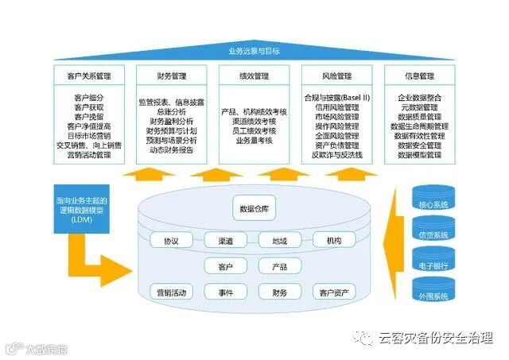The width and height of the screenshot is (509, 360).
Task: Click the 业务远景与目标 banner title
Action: (254, 52)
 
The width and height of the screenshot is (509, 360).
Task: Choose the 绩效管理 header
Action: (254, 76)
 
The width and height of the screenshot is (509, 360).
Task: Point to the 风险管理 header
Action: (337, 76)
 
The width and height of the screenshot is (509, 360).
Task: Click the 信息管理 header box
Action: (419, 76)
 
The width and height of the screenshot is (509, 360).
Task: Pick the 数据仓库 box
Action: (254, 209)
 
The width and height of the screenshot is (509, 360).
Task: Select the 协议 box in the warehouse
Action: (171, 240)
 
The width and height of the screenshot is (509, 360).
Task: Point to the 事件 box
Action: (225, 292)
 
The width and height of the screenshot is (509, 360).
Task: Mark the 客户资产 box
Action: (333, 292)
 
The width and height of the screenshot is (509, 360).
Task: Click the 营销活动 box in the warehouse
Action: (171, 292)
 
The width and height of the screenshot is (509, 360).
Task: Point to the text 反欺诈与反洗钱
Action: (336, 155)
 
